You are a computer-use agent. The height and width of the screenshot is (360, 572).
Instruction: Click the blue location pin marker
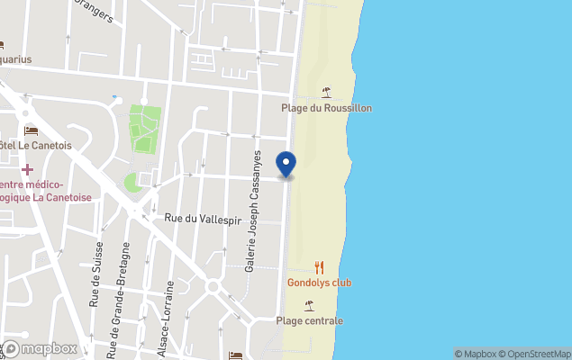coord(286,164)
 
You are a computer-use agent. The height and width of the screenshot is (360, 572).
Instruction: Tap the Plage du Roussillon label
coord(326,108)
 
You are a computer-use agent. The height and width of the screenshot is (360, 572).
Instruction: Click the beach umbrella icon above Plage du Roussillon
coord(326,92)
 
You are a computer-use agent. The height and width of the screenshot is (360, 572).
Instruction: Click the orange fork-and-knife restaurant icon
coord(319,267)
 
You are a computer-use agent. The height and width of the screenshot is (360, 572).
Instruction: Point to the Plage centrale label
coord(310,320)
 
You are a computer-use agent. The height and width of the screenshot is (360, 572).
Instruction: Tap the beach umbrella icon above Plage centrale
coord(310,305)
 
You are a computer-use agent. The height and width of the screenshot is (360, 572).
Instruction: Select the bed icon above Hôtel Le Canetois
coord(31,131)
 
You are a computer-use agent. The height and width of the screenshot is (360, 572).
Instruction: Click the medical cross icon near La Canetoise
coord(27,169)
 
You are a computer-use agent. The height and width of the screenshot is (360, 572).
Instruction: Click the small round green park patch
coord(132,183)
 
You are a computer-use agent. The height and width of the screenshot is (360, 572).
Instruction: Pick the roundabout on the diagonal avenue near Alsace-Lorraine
coord(213,286)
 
